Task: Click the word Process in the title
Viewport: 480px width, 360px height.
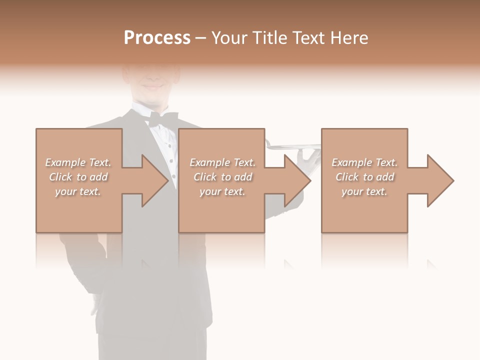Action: click(x=157, y=38)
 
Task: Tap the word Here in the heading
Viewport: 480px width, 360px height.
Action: click(x=348, y=38)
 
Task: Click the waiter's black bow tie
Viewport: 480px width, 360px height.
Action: click(x=161, y=119)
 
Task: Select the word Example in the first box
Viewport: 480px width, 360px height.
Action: click(x=65, y=162)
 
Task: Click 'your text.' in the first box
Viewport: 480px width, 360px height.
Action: click(x=78, y=191)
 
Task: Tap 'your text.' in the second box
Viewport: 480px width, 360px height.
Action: click(x=222, y=191)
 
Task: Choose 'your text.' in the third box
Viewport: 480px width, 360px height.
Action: click(x=364, y=191)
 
